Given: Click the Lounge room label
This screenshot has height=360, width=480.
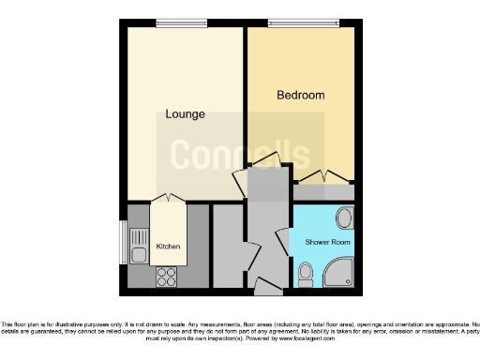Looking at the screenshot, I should [x=185, y=114].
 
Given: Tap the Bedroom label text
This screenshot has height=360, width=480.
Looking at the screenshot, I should [x=301, y=96].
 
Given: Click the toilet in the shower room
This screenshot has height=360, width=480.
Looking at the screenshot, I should [x=305, y=274].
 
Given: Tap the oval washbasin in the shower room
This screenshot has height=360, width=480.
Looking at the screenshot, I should [x=344, y=219].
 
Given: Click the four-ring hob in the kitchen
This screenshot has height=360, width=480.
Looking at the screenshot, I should [x=166, y=276].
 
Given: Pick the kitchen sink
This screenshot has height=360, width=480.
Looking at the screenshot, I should [x=138, y=252].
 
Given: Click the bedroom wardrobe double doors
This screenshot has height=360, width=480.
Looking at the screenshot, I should [x=322, y=175].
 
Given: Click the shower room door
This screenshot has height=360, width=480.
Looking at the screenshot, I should [x=282, y=240].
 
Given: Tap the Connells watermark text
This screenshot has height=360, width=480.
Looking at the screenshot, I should [x=239, y=152].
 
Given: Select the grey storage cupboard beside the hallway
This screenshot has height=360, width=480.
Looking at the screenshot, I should [x=227, y=246].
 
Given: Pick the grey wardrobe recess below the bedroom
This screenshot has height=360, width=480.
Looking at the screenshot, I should [x=324, y=190].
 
